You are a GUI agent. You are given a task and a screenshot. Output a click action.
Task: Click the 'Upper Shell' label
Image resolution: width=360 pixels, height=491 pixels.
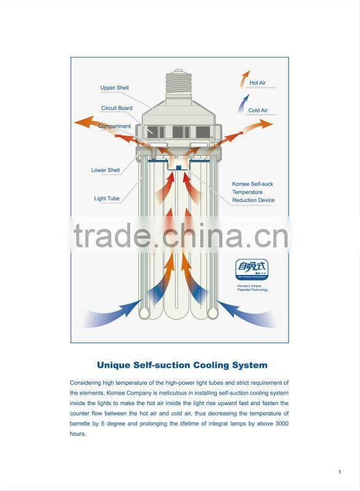coord(114,88)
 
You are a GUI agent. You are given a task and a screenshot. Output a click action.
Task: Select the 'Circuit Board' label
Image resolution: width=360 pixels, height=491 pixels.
coord(117,108)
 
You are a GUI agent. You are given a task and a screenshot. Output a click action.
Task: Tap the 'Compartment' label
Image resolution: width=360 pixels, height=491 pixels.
coord(114,126)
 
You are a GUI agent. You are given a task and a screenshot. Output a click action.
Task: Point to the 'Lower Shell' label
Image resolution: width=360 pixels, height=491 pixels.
coord(106,170)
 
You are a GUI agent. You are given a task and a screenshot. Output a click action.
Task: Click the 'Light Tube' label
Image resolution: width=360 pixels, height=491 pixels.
coord(107,198)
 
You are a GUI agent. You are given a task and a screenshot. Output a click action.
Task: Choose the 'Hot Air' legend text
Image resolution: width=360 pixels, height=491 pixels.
coord(257,82)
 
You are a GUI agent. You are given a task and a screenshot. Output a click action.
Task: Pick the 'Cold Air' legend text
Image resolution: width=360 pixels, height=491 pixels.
coord(258,110)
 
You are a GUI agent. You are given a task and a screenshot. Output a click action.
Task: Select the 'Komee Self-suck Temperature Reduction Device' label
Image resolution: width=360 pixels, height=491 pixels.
coord(253,192)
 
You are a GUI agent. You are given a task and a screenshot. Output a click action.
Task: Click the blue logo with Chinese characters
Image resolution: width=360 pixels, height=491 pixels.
coord(252,269)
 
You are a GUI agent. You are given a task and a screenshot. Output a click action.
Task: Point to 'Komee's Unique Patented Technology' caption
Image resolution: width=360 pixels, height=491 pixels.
coord(252,287)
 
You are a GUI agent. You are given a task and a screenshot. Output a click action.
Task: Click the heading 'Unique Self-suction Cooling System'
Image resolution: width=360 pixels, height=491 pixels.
coord(182,365)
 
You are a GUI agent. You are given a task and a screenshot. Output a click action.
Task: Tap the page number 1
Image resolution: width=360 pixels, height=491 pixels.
coord(339,471)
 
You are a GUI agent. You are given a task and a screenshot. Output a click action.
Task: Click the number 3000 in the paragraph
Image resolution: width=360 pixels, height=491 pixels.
coord(281,424)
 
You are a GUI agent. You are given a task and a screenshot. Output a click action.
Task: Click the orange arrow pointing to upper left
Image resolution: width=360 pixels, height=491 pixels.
coord(92,125)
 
